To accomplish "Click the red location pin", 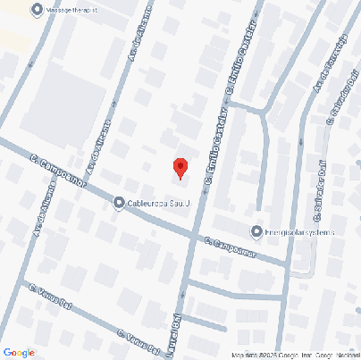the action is coord(180,167).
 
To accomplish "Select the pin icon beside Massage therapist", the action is coord(37,10).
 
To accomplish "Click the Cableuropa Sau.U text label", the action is coord(160,204).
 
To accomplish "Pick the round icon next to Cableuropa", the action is coord(119,204).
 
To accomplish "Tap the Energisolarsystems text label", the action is coord(299,232).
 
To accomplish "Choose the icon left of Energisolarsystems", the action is coord(257,231).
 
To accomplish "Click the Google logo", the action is coord(19,352).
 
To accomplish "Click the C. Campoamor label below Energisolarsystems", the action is coord(231,246).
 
